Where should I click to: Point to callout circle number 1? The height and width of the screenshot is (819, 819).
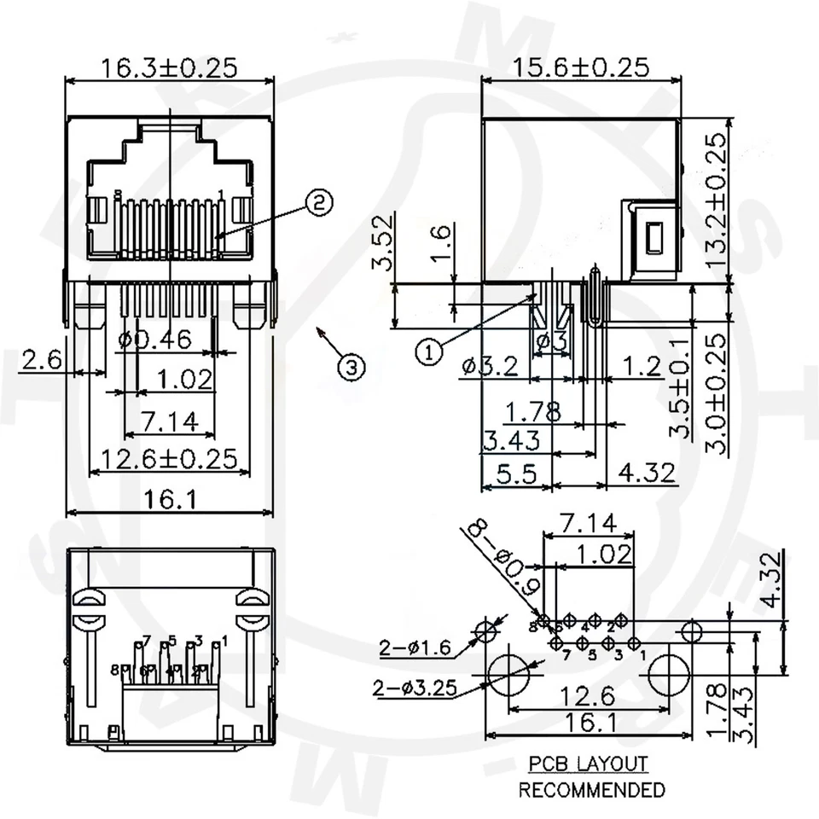pos(429,351)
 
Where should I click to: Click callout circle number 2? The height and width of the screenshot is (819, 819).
pos(317,203)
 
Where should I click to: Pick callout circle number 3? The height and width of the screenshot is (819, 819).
pos(351,367)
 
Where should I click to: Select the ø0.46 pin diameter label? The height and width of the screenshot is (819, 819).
pos(155,340)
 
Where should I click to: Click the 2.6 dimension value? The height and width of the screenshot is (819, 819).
pos(40,361)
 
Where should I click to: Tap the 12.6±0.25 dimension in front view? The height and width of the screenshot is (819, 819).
pos(169,459)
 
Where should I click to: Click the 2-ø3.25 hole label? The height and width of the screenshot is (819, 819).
pos(412,688)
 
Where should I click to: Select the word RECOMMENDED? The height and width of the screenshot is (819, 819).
pos(591,790)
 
